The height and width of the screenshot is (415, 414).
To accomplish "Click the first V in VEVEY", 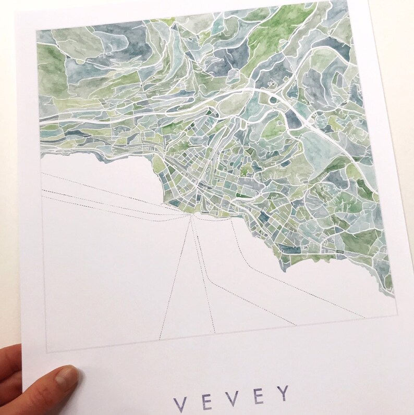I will pyautogui.click(x=179, y=403).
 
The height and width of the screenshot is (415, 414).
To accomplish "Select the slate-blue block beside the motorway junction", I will pyautogui.click(x=294, y=121).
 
